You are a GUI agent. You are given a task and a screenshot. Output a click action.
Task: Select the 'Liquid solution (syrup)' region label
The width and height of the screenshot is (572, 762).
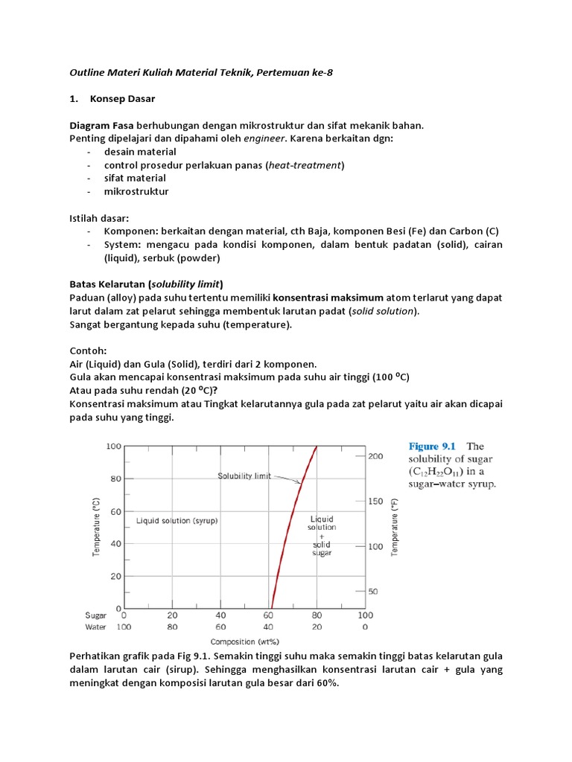pyautogui.click(x=177, y=521)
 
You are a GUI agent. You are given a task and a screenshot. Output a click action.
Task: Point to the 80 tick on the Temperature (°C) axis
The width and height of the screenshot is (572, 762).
pyautogui.click(x=115, y=478)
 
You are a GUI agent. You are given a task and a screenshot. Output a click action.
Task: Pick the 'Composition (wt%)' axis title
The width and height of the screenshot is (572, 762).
pyautogui.click(x=244, y=641)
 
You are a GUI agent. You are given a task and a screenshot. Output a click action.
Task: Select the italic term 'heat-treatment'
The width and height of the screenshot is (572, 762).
pyautogui.click(x=305, y=165)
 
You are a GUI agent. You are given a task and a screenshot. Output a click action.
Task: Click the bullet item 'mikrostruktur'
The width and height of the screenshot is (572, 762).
pyautogui.click(x=136, y=192)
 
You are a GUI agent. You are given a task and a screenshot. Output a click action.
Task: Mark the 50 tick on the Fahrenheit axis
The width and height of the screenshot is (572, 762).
pyautogui.click(x=375, y=592)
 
